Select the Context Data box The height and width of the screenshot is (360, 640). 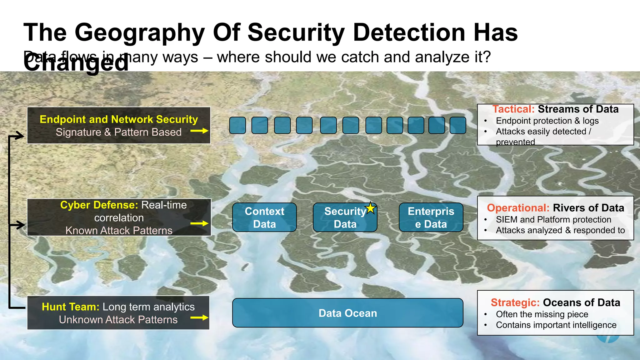point(264,217)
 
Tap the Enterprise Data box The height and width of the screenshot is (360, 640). point(431,217)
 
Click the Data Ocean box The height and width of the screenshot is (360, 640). point(347,313)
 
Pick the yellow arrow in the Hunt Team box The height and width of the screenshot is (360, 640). point(199,318)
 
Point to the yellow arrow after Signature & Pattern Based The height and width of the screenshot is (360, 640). point(199,131)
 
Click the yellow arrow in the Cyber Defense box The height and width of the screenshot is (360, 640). point(199,223)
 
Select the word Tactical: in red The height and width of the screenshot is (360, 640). point(513,109)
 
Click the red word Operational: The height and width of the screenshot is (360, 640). point(518,208)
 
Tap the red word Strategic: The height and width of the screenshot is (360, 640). point(515,302)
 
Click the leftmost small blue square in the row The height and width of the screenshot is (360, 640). point(237,125)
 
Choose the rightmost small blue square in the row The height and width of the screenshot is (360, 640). point(458,125)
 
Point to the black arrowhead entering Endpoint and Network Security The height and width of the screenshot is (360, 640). point(19,136)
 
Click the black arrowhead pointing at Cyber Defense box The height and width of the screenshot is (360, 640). point(20,225)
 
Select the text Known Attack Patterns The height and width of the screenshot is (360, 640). point(119,231)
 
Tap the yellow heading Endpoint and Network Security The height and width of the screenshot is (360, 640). point(119,119)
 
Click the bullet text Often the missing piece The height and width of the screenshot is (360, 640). point(542,314)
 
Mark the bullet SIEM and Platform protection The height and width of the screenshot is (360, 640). point(553,219)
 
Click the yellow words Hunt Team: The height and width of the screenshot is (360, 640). point(71,307)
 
